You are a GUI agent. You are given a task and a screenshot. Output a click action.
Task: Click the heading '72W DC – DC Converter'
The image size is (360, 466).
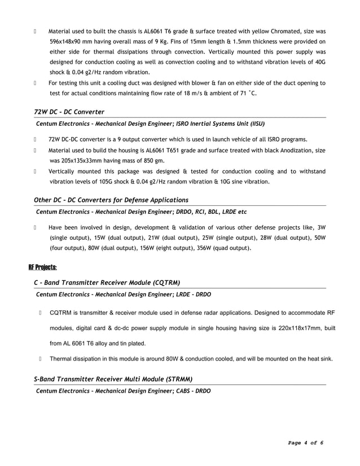click(x=69, y=112)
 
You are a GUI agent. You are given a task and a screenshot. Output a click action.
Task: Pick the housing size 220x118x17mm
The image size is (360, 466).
click(x=291, y=327)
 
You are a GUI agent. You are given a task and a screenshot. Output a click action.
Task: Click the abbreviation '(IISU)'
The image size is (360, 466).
click(x=254, y=123)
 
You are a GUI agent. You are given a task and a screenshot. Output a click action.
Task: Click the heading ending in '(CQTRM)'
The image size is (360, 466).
click(x=107, y=283)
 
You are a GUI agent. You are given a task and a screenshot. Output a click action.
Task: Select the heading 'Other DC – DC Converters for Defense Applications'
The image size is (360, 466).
click(x=111, y=200)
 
